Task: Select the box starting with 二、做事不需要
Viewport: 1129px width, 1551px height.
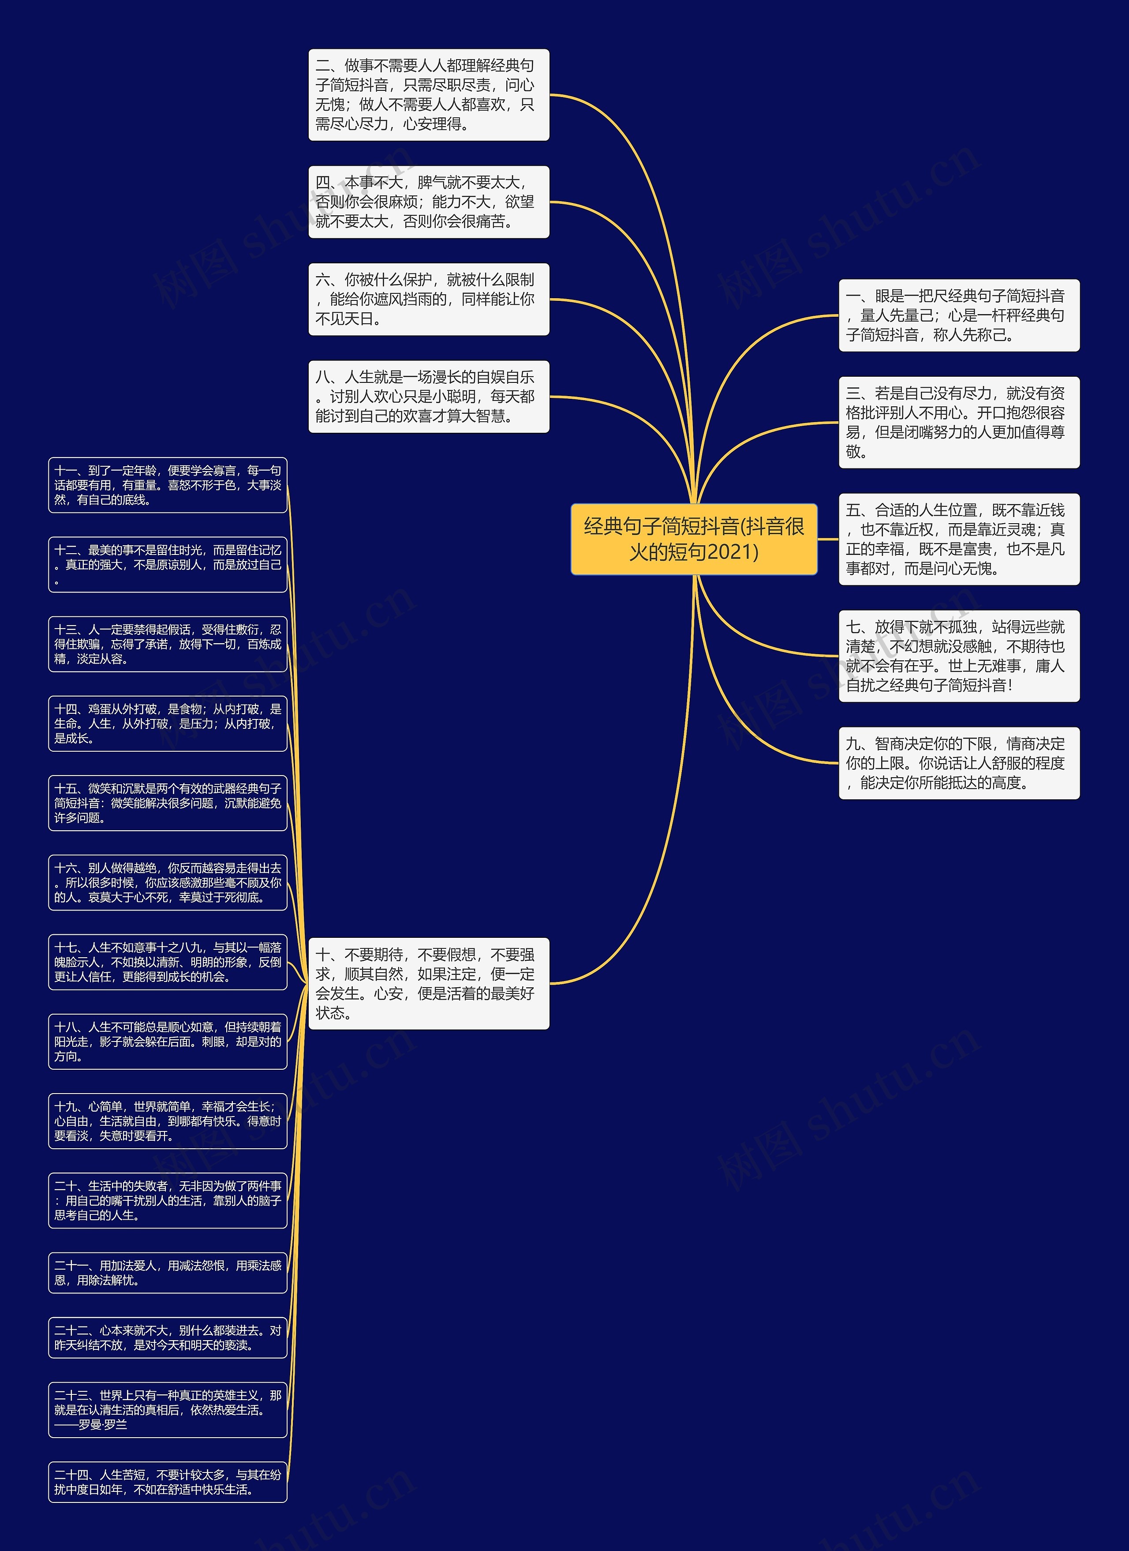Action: [429, 95]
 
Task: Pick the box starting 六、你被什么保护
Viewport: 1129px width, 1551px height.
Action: [429, 300]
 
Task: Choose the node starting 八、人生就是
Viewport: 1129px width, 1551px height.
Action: [429, 397]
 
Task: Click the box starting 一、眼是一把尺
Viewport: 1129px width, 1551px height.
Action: [959, 315]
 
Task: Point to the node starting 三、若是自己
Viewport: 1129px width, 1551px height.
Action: [959, 423]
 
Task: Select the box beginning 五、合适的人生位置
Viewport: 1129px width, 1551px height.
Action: [959, 539]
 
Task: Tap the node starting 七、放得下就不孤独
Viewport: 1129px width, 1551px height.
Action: [959, 656]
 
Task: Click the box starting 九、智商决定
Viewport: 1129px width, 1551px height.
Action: [959, 763]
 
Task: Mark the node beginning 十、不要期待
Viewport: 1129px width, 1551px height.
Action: [429, 983]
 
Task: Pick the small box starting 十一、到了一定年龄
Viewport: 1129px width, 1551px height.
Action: [168, 485]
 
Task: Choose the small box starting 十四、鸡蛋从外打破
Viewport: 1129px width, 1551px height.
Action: [168, 723]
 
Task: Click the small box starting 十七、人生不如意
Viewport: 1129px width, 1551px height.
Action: [168, 962]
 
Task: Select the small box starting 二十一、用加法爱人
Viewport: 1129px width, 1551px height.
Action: [168, 1273]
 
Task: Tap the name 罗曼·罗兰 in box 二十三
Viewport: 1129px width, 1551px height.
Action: [103, 1424]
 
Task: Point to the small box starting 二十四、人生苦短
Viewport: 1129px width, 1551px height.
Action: [168, 1482]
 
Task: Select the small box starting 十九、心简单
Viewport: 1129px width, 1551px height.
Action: [168, 1121]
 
